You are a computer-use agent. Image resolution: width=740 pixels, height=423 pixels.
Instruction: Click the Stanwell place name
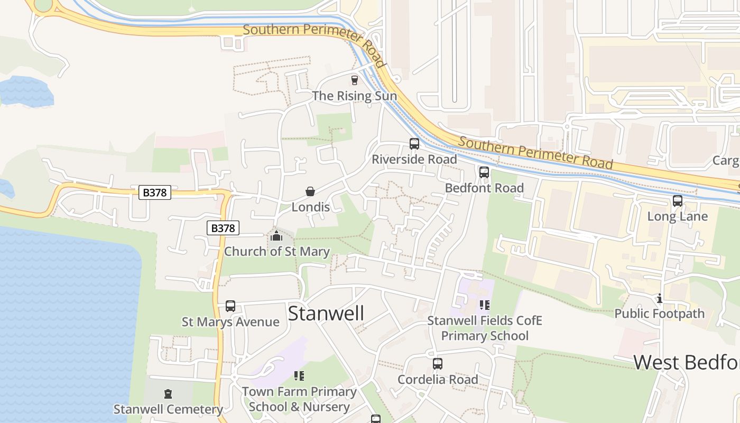coord(326,314)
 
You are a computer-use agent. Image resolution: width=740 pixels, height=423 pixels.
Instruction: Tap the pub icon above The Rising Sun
coord(355,80)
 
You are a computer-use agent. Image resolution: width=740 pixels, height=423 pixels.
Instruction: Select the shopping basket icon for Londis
coord(310,191)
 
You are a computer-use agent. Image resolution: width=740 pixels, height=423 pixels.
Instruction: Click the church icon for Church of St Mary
coord(276,236)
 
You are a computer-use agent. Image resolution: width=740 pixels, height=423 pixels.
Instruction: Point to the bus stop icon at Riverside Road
coord(414,143)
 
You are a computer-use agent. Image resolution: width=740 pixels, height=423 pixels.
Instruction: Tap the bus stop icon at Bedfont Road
coord(484,172)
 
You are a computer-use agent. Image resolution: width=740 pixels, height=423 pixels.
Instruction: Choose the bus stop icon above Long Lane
coord(678,201)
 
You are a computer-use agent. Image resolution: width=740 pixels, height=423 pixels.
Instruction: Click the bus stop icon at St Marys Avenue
coord(230,306)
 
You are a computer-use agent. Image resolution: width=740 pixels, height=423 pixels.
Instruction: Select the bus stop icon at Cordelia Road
coord(438,364)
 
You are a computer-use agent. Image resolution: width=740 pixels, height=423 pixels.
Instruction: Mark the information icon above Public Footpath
coord(659,299)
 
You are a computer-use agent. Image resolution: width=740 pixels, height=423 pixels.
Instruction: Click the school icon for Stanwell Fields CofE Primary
coord(485,305)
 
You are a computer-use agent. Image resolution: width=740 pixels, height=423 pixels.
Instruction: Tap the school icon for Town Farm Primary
coord(299,376)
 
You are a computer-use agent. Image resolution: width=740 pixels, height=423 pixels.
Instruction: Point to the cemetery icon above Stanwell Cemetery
coord(168,393)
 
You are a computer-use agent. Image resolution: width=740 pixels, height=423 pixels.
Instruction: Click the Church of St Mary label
coord(277,252)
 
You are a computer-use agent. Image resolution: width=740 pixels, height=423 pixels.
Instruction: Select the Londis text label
coord(311,207)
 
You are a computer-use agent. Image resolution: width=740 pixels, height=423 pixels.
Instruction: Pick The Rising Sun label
coord(354,96)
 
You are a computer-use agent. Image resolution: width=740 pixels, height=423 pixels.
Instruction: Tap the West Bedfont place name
coord(686,363)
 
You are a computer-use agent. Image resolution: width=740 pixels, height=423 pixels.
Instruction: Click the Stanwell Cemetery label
coord(168,409)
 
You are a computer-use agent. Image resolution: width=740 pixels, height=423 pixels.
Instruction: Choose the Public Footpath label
coord(659,314)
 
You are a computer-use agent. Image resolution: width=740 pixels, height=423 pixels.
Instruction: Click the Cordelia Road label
coord(438,380)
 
